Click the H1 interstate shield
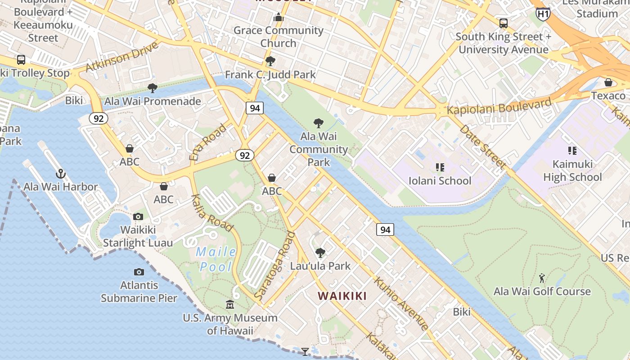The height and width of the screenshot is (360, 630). point(543,14)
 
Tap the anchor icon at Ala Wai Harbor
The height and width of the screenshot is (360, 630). point(61,173)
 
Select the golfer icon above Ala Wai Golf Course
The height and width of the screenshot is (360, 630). point(542,278)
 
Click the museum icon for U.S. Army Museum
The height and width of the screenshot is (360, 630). point(230,305)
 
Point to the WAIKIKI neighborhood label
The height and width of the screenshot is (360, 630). point(342,296)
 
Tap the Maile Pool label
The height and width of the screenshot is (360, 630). point(216,259)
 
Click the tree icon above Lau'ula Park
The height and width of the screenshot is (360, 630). point(320,252)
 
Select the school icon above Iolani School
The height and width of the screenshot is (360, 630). point(440,167)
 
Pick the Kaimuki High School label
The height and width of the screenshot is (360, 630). point(572,171)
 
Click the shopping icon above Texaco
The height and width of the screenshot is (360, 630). point(608,82)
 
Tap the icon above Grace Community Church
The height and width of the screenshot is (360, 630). point(278,18)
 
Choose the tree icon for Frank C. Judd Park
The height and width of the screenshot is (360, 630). point(270,61)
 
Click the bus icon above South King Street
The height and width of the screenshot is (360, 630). point(503,23)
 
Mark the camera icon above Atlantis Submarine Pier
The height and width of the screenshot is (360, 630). point(139,272)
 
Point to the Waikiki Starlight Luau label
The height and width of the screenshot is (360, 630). point(138,236)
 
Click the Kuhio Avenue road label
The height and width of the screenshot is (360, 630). point(400,303)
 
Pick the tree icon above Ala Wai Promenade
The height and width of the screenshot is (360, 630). point(153,88)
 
